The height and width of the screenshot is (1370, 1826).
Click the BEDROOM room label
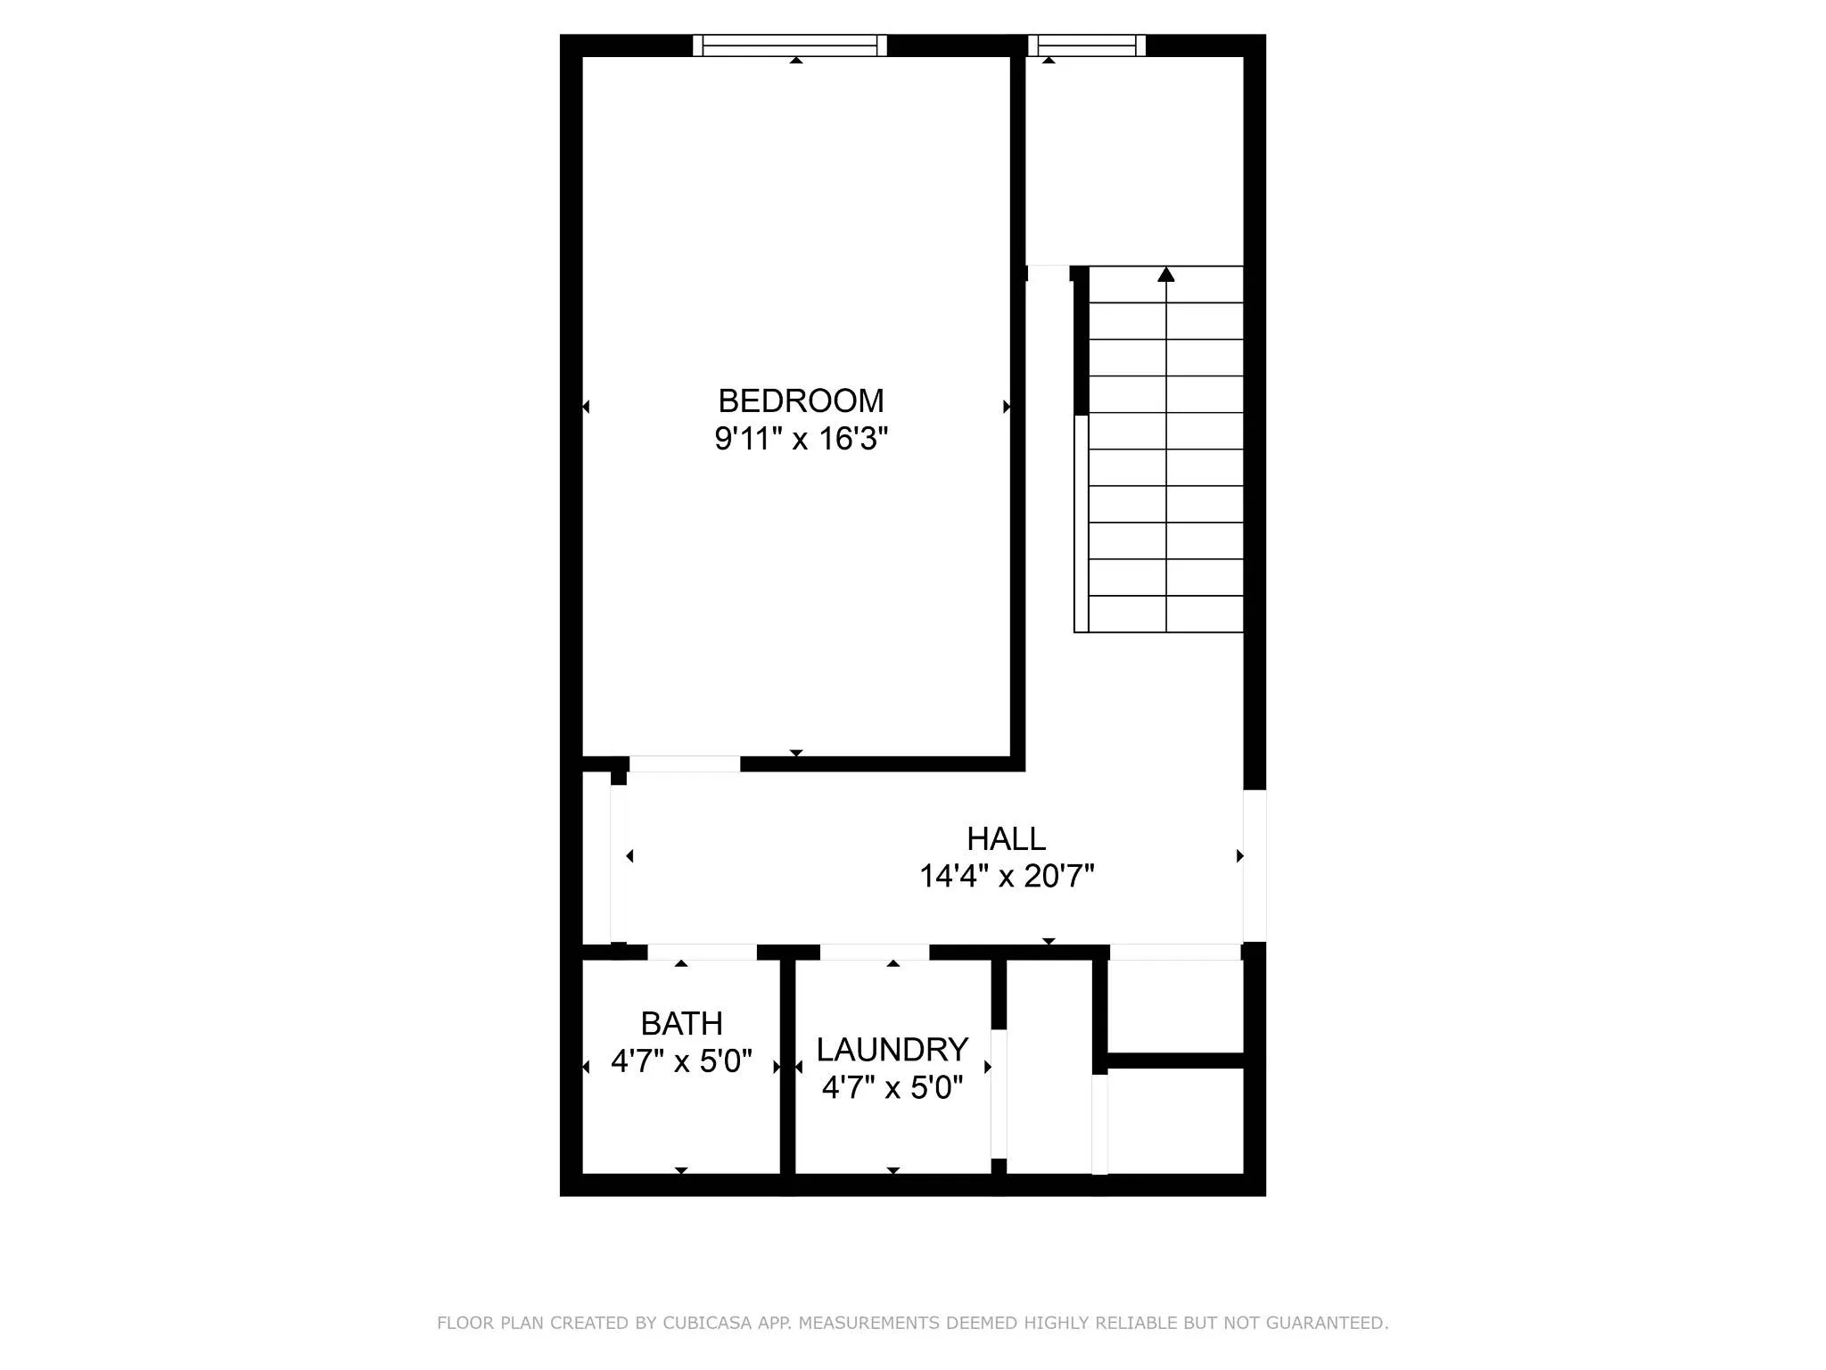[801, 401]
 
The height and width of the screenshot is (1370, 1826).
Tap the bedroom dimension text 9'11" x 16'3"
[801, 439]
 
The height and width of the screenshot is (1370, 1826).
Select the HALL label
[1006, 839]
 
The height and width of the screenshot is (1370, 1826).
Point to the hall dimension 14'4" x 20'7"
[1006, 877]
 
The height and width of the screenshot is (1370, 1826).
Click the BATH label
[681, 1024]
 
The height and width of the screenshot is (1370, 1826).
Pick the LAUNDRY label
[892, 1050]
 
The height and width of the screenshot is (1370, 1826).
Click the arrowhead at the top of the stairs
[1165, 275]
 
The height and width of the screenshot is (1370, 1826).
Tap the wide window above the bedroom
[789, 45]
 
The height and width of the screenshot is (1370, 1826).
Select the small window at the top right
[1086, 45]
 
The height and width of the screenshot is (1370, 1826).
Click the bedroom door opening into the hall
[684, 764]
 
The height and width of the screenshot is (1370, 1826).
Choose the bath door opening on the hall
[702, 953]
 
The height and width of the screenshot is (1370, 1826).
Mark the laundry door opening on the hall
[874, 953]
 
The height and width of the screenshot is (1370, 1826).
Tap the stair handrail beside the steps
[1081, 524]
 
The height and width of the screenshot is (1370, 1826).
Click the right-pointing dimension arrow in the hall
[1239, 856]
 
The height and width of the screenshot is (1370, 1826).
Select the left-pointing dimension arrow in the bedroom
[586, 407]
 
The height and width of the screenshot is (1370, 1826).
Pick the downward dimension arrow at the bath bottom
[681, 1170]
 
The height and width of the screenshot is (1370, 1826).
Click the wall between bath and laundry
[787, 1070]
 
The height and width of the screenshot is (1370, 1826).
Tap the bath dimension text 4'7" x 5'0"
[681, 1061]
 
